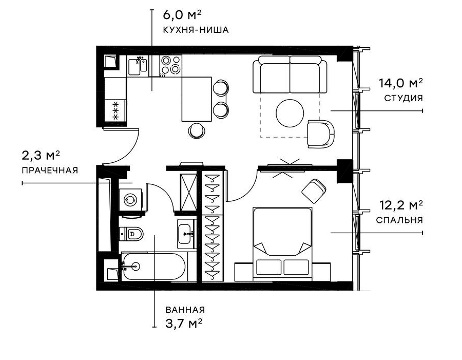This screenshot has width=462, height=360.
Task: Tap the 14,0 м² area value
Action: point(401,83)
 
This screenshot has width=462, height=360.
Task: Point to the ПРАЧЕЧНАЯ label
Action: point(49,170)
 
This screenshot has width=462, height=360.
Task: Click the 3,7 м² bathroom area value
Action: point(183,323)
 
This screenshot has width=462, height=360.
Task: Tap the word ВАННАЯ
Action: point(185,310)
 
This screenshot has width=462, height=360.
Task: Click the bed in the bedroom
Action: point(282,239)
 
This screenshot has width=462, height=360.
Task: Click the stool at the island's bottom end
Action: point(196,130)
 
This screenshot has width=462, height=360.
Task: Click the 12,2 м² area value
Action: point(401,206)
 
